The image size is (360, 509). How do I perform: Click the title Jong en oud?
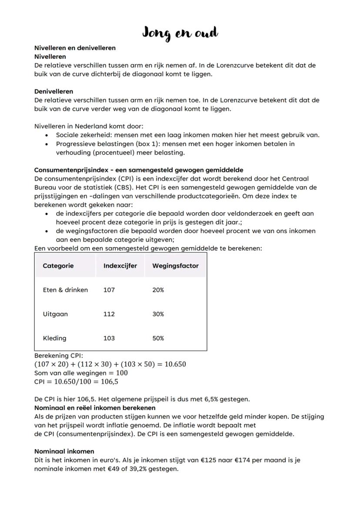click(x=180, y=33)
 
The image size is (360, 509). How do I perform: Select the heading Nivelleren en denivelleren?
click(x=75, y=48)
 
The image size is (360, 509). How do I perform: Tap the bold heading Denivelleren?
click(x=53, y=92)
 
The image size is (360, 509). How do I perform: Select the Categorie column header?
click(x=58, y=266)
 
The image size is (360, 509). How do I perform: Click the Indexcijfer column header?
click(x=120, y=266)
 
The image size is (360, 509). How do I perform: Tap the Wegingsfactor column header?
click(x=175, y=266)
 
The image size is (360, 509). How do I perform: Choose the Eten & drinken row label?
click(x=65, y=290)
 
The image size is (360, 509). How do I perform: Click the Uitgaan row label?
click(x=55, y=314)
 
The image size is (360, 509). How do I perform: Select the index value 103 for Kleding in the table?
click(x=109, y=338)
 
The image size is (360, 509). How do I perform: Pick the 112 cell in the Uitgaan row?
click(x=109, y=314)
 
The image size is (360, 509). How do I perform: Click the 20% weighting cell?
click(x=158, y=290)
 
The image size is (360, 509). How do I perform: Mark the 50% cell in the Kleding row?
click(x=158, y=338)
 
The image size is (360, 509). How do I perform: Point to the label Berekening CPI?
click(x=58, y=356)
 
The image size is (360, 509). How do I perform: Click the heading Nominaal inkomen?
click(x=64, y=452)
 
